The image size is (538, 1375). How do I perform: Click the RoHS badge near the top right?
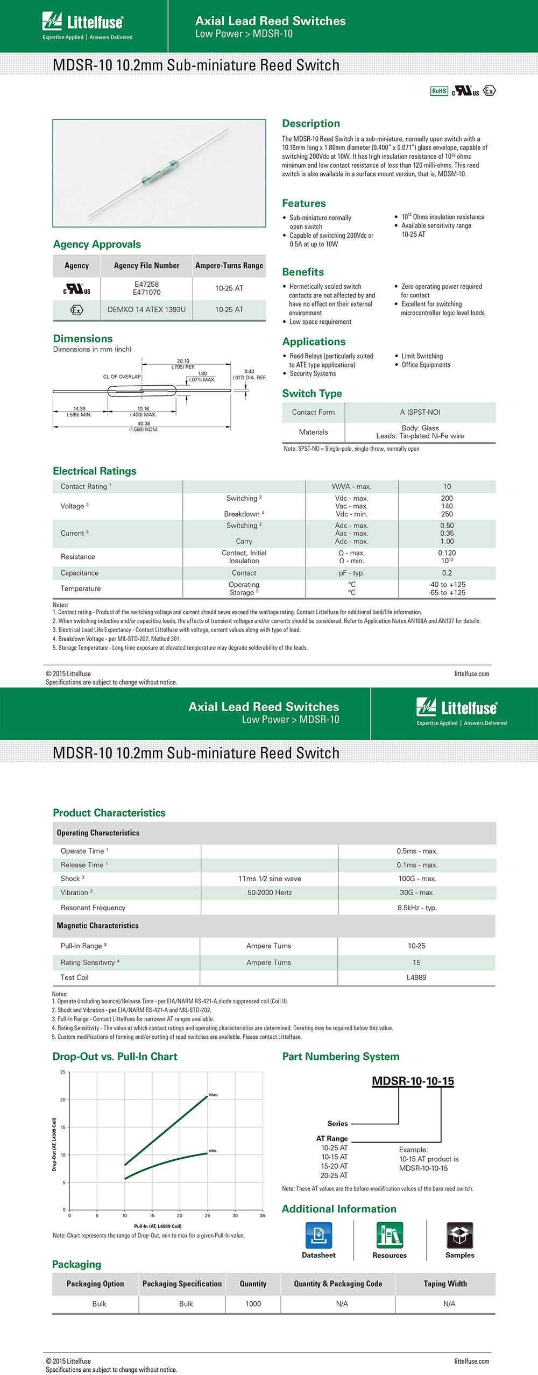[x=439, y=91]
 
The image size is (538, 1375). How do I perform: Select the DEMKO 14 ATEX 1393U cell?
[x=146, y=310]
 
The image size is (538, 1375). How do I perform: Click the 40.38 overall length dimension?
[x=144, y=423]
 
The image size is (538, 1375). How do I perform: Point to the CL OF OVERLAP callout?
[x=122, y=377]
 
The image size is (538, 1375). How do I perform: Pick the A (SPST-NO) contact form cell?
[x=420, y=412]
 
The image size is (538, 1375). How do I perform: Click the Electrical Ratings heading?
[x=95, y=471]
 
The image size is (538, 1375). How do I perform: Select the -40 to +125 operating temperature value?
[x=447, y=584]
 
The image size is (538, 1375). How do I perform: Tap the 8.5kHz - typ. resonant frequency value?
[x=417, y=908]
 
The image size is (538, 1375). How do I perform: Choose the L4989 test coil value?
[x=416, y=977]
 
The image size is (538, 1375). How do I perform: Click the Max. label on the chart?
[x=214, y=1095]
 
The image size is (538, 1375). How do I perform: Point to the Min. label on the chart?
[x=213, y=1151]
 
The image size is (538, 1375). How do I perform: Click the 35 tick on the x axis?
[x=263, y=1215]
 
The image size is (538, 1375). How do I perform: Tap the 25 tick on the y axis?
[x=63, y=1072]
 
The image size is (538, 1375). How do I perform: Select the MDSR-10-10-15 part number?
[x=413, y=1081]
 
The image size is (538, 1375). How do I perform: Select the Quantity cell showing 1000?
[x=253, y=1304]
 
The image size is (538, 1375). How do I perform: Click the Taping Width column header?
[x=445, y=1284]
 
